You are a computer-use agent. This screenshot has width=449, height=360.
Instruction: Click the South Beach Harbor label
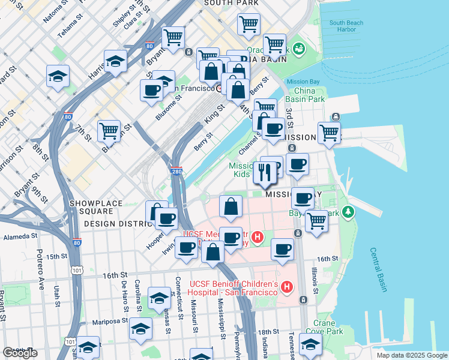(346, 26)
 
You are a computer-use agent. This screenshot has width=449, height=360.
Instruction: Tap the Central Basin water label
(378, 270)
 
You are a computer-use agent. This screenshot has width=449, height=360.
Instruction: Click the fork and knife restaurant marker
(265, 172)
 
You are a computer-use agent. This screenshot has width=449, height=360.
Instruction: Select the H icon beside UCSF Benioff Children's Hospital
(286, 287)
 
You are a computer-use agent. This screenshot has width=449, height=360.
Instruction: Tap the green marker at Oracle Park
(298, 49)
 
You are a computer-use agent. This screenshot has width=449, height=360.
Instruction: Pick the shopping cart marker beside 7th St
(109, 130)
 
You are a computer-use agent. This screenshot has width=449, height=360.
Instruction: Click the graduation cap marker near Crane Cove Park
(310, 344)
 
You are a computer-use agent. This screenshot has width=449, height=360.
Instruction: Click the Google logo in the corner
(20, 353)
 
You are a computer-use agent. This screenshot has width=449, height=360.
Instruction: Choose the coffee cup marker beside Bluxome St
(151, 91)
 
